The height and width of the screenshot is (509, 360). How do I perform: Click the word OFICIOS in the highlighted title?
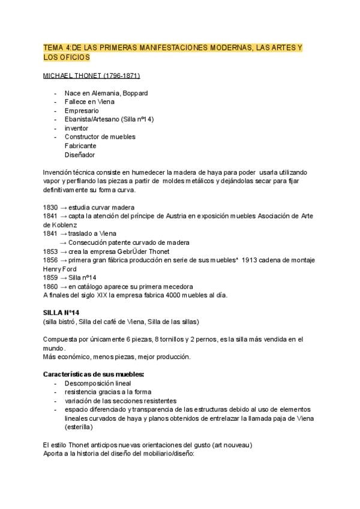[x=74, y=57]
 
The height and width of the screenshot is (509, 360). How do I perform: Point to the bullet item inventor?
[x=76, y=128]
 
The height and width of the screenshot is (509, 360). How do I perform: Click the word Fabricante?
[x=80, y=145]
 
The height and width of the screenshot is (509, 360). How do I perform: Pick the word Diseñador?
[x=80, y=154]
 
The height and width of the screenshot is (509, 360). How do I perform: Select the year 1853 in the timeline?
[x=51, y=251]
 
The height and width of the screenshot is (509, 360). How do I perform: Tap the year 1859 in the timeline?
[x=51, y=277]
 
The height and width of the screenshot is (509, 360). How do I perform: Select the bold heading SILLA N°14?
[x=61, y=313]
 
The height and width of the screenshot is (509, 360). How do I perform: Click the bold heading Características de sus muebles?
[x=94, y=374]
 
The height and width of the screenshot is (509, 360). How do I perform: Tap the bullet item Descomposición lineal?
[x=97, y=383]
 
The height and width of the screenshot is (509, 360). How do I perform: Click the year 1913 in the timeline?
[x=253, y=260]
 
